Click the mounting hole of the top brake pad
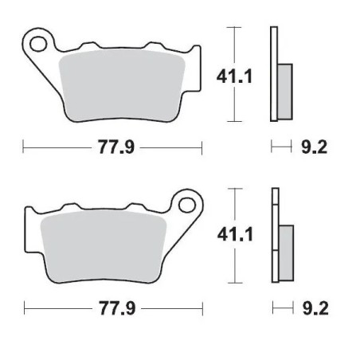(x=38, y=40)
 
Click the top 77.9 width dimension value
(x=112, y=147)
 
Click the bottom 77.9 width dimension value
(x=112, y=307)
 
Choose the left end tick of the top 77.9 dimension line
(x=24, y=147)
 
